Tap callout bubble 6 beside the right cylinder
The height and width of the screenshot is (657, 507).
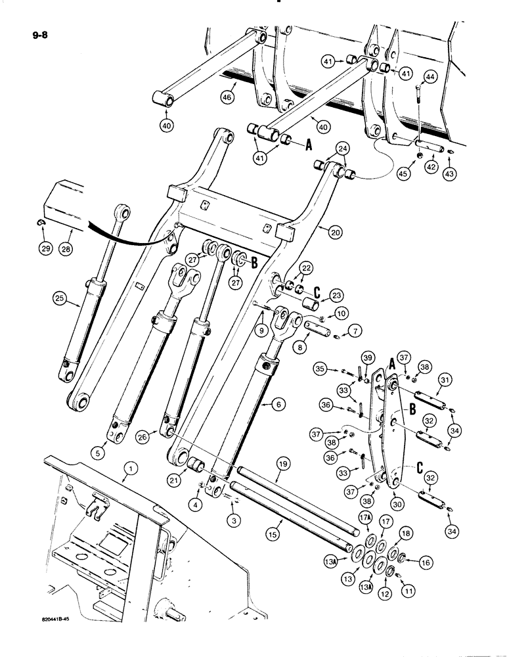pyautogui.click(x=279, y=406)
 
